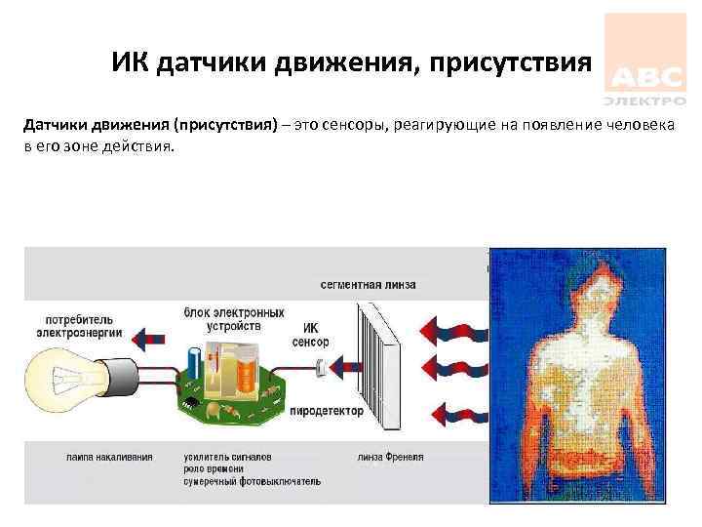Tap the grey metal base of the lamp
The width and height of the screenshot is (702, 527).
123,380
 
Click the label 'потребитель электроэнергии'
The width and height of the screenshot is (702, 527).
79,325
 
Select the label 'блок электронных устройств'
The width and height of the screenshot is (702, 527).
234,320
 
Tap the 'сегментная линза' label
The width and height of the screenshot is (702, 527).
368,285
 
